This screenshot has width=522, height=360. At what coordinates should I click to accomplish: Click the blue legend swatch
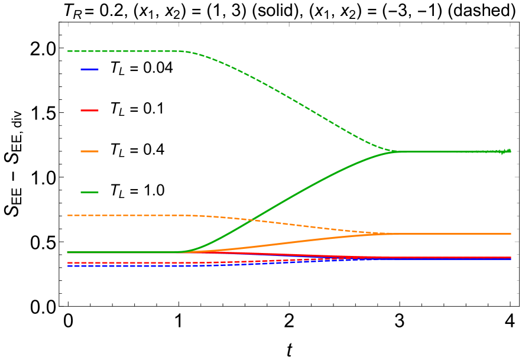coord(90,70)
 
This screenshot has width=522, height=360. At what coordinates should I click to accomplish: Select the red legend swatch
coord(90,111)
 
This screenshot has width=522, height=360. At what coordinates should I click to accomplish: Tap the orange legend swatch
coord(90,151)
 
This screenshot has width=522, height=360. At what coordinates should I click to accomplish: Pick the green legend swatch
coord(90,192)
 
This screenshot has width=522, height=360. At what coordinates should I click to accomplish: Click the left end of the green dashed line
coord(68,51)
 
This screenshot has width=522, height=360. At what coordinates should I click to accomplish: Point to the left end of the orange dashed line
coord(68,215)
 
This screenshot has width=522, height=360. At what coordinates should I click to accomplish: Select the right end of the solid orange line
coord(511,233)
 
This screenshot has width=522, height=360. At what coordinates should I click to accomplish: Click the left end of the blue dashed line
coord(68,266)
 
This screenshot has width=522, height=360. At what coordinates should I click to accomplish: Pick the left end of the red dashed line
coord(68,262)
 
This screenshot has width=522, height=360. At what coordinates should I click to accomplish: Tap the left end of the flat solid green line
coord(68,252)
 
